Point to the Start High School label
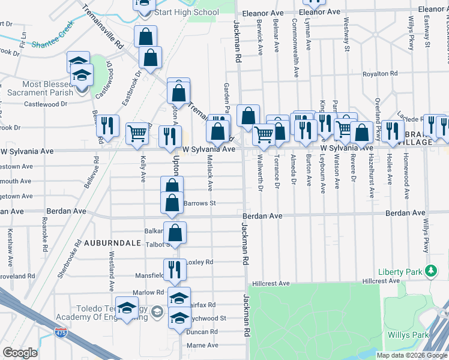[x=186, y=12]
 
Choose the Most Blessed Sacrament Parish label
[x=40, y=88]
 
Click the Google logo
[x=20, y=353]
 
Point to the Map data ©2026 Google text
[x=411, y=355]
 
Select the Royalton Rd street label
[x=380, y=74]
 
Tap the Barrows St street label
[x=199, y=203]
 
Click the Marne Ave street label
[x=203, y=345]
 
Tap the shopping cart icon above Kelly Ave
[x=138, y=134]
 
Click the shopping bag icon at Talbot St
[x=175, y=233]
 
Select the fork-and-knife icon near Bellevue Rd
[x=107, y=126]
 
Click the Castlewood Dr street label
[x=46, y=104]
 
